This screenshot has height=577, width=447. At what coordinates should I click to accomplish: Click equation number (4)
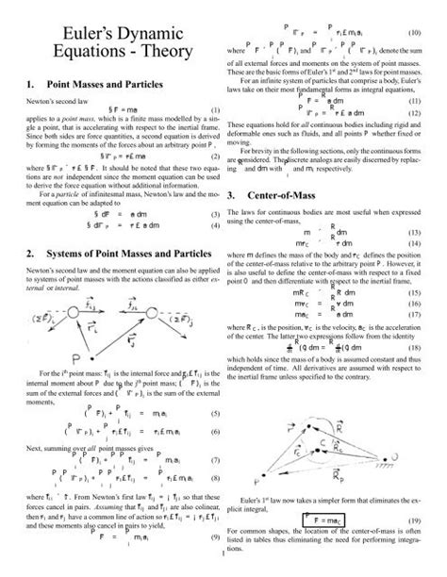point(215,227)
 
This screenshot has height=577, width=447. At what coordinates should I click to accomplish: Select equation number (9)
point(215,563)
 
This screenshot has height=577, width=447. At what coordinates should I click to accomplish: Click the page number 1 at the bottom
point(223,570)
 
